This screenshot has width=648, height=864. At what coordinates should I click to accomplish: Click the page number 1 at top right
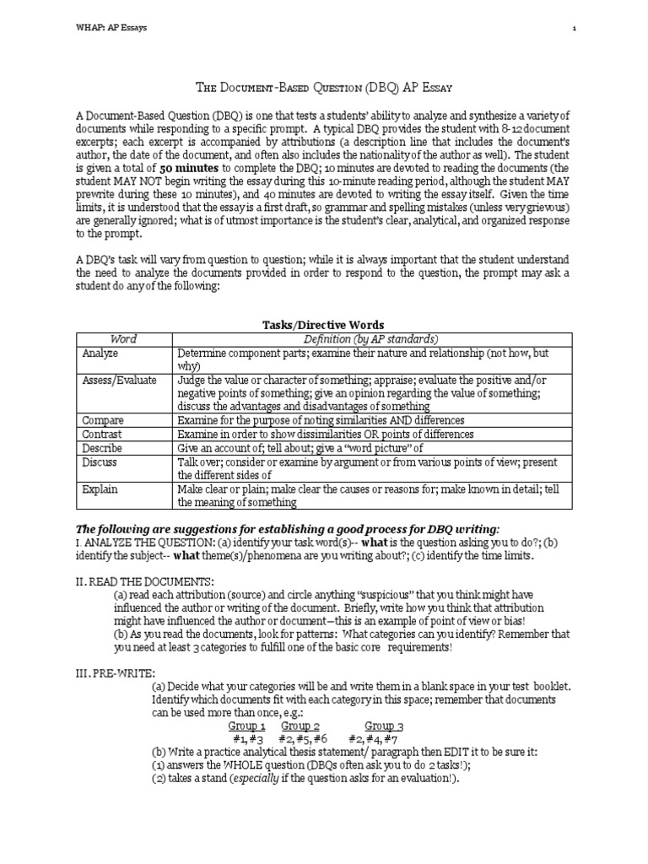coord(574,28)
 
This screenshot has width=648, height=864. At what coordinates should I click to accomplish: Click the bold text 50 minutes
coord(187,169)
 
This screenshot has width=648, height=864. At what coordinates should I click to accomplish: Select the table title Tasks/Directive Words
coord(324,324)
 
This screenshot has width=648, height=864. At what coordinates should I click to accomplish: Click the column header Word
coord(124,338)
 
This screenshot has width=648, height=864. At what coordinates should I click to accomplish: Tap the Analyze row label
coord(100,353)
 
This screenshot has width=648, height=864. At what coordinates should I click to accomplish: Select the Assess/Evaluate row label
coord(119,381)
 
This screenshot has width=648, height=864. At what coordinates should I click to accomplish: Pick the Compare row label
coord(104,420)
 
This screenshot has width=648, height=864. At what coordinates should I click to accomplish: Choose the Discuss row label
coord(100,462)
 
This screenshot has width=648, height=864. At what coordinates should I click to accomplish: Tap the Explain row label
coord(100,489)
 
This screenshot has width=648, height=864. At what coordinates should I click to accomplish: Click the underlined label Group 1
coord(247,726)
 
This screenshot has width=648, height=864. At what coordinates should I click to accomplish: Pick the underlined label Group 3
coord(384,726)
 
